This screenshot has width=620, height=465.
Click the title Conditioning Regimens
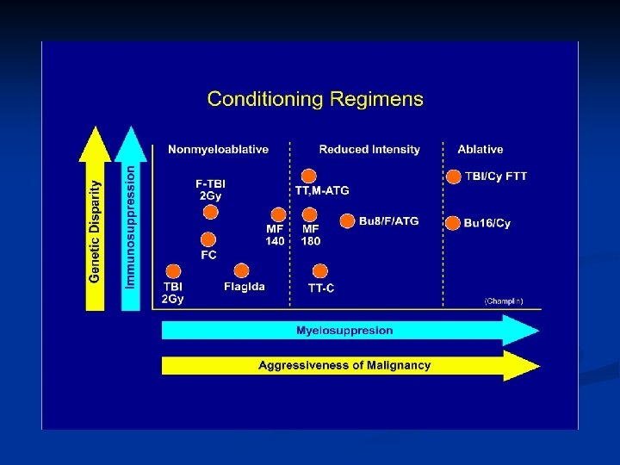[x=315, y=99]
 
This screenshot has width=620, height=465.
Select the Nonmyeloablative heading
[x=218, y=150]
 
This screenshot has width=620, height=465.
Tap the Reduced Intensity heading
[x=369, y=150]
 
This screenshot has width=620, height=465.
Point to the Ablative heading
[x=480, y=150]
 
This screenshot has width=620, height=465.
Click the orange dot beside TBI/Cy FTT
[x=453, y=177]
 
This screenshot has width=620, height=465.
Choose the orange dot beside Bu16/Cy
[x=453, y=223]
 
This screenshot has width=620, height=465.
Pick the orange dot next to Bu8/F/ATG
[x=347, y=221]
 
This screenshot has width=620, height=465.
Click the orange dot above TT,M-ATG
[x=308, y=176]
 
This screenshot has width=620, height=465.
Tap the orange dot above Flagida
[x=241, y=270]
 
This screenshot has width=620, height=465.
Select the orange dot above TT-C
[x=320, y=270]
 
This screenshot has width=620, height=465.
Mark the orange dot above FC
[x=208, y=239]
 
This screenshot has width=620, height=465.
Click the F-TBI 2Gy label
[x=210, y=189]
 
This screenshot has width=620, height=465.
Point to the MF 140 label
[x=276, y=235]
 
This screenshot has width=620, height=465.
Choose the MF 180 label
[x=311, y=235]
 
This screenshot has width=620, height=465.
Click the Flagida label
[x=244, y=287]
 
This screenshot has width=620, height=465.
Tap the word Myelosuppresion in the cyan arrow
[x=344, y=331]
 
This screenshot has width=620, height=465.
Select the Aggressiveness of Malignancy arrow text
[x=344, y=365]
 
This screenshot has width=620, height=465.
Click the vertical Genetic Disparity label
[x=95, y=230]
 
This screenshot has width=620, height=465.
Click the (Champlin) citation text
[x=503, y=301]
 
